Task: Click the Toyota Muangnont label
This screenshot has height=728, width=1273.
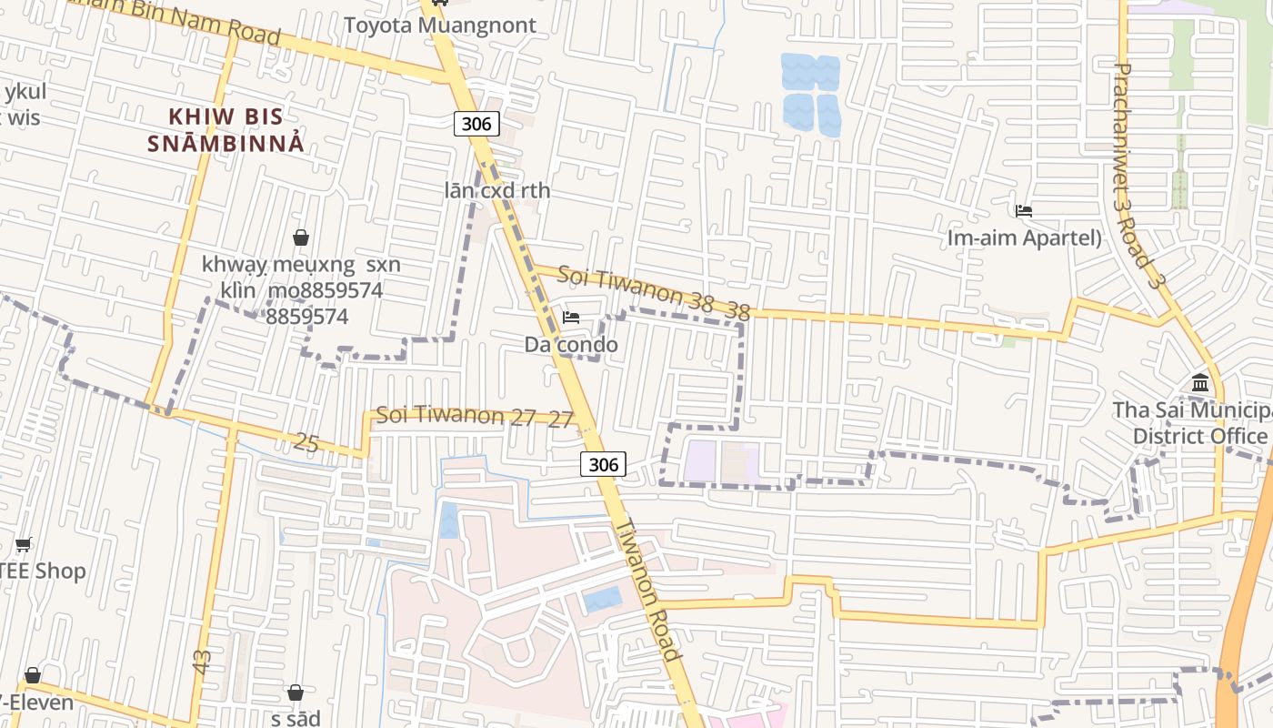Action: click(x=439, y=25)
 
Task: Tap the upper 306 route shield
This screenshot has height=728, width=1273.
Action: click(x=476, y=124)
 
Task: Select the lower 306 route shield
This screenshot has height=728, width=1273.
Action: click(x=603, y=464)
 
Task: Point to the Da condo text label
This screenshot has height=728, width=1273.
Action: click(x=571, y=345)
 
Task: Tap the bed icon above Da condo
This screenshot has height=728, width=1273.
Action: click(x=571, y=318)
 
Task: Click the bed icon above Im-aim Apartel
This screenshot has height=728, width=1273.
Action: click(x=1024, y=211)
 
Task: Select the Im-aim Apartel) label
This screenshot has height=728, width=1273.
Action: click(x=1024, y=238)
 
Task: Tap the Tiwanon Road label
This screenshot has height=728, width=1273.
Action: click(x=649, y=589)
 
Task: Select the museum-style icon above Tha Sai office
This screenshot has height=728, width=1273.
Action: click(x=1199, y=383)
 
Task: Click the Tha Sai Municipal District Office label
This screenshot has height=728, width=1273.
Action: click(x=1191, y=423)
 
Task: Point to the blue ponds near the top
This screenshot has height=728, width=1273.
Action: click(x=811, y=95)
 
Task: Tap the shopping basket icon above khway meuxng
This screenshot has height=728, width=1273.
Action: click(x=301, y=238)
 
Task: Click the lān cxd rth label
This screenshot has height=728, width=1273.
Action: click(x=497, y=191)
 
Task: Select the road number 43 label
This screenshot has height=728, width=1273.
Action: click(x=202, y=662)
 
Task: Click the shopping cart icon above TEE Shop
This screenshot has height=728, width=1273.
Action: click(x=24, y=545)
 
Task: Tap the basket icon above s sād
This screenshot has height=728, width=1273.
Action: click(x=296, y=693)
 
